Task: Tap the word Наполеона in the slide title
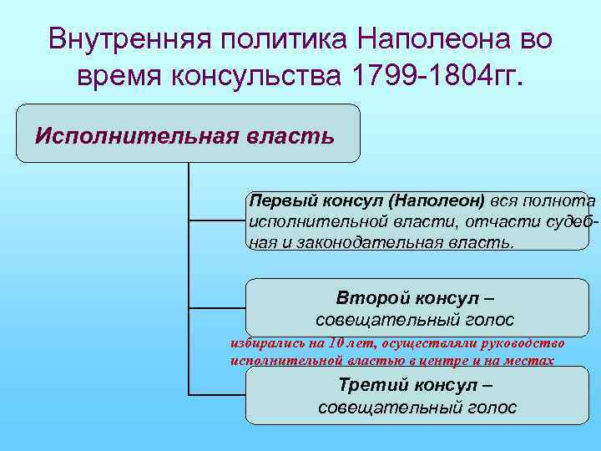tap(417, 38)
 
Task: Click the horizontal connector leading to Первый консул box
tap(218, 221)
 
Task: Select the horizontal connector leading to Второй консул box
tap(218, 307)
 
